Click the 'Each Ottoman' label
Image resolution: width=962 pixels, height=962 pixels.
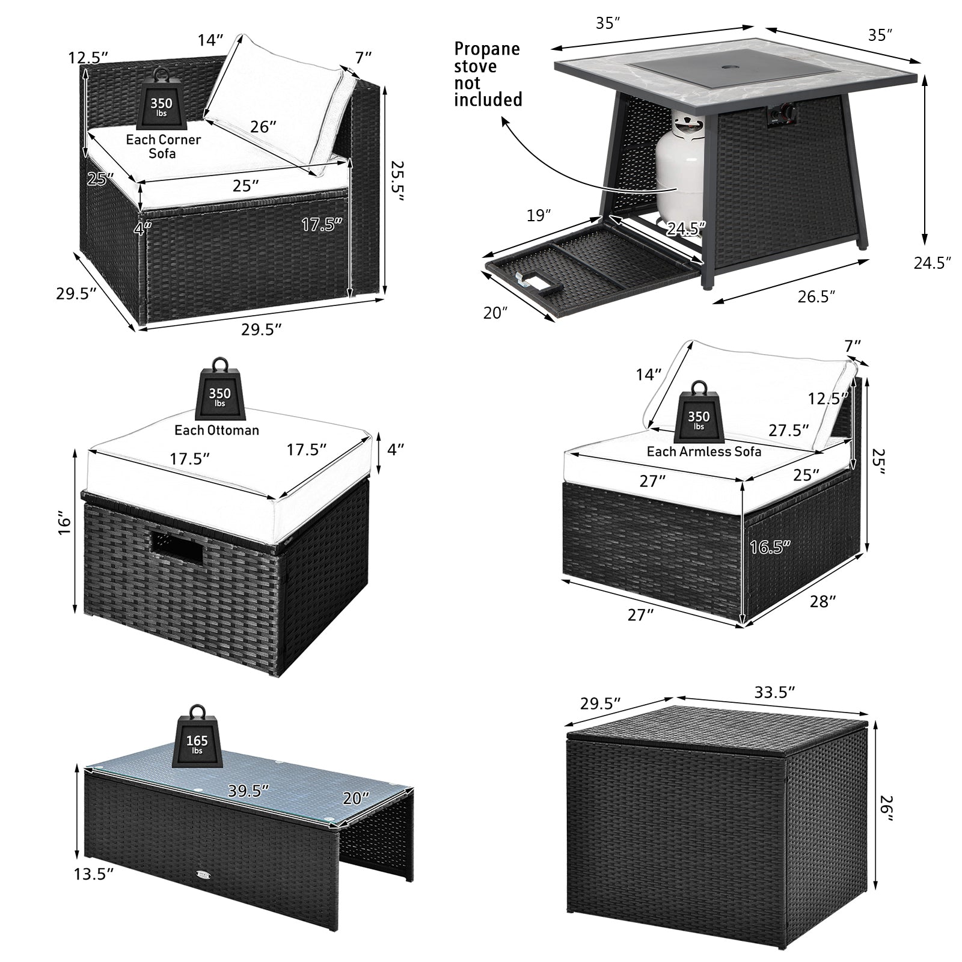[x=216, y=430]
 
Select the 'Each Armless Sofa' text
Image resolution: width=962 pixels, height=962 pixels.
[x=703, y=452]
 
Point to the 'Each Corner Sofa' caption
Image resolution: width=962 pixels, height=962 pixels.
[x=163, y=146]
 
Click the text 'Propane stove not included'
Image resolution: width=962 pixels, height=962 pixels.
[x=487, y=74]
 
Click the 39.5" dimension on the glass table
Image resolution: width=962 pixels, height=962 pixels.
[x=248, y=791]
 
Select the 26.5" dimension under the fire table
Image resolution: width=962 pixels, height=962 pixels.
[x=816, y=296]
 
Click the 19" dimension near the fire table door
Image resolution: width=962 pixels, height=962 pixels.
[x=539, y=215]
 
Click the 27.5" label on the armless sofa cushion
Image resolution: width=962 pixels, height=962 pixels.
[x=788, y=430]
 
